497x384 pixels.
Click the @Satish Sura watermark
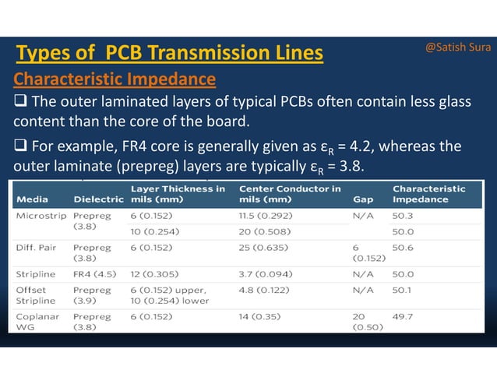point(458,48)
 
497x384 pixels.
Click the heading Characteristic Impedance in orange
point(115,79)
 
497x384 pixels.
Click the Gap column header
point(361,199)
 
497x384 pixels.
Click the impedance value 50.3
point(404,215)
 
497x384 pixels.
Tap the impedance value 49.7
point(404,316)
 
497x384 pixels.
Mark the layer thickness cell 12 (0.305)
point(158,274)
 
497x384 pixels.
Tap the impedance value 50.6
point(404,247)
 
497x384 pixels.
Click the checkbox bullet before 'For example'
point(20,146)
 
